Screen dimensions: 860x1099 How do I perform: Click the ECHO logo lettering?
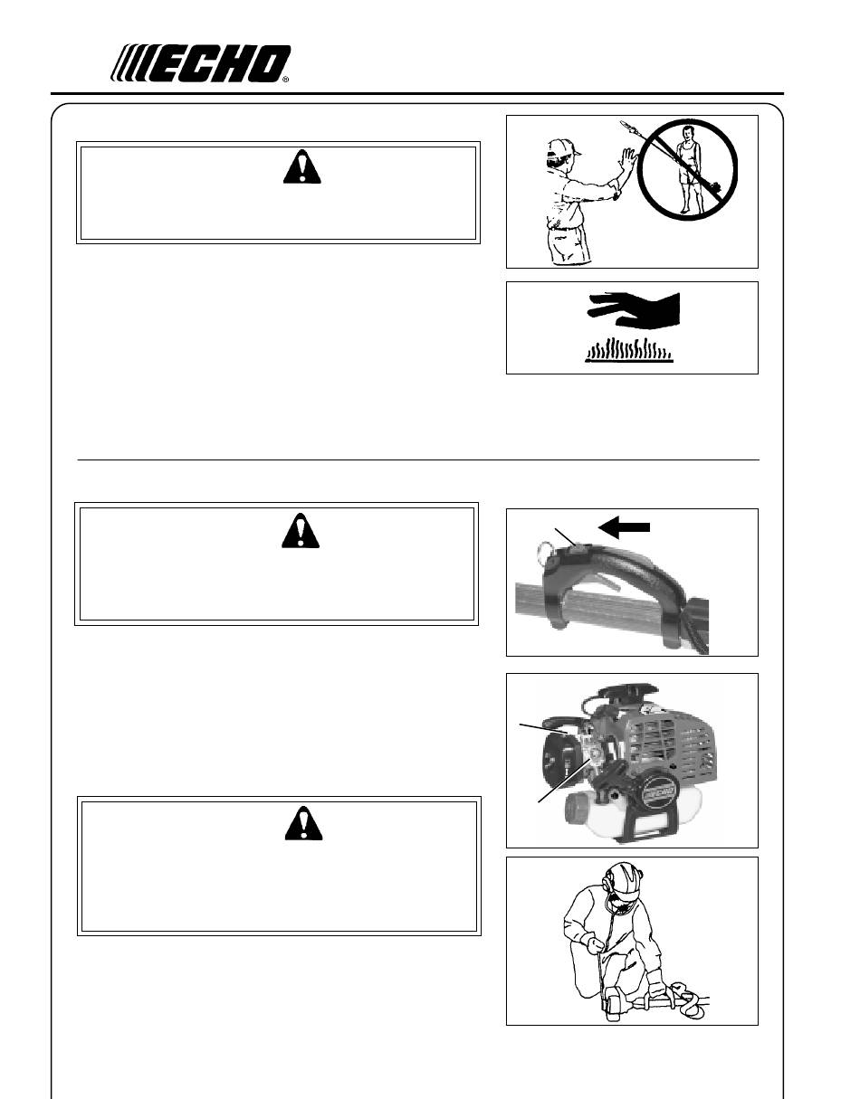pos(200,63)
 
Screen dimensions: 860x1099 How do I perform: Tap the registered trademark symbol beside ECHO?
pos(285,80)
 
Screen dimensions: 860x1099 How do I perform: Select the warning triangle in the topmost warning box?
pos(301,166)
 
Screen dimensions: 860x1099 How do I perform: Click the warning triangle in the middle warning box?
pos(301,531)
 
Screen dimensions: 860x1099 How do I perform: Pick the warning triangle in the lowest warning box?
pos(303,823)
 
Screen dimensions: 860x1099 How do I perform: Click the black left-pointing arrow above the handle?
pos(624,527)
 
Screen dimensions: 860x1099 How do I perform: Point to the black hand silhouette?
pos(634,308)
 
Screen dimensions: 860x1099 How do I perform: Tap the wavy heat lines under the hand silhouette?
pos(629,350)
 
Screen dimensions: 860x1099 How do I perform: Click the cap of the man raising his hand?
pos(563,147)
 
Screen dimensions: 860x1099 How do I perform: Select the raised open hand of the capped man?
pos(628,161)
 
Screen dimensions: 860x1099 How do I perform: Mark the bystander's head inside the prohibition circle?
pos(686,133)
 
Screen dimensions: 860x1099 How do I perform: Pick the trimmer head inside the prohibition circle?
pos(715,190)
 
